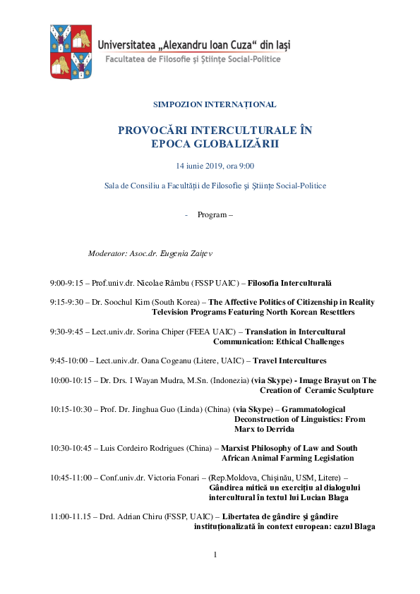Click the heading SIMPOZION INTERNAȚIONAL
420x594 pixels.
[x=215, y=104]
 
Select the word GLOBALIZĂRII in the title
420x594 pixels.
[x=233, y=143]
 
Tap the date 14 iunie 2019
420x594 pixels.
[x=200, y=166]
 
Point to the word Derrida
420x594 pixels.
[x=277, y=429]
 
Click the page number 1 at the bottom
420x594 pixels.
[x=215, y=554]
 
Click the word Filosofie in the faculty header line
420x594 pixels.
[x=161, y=59]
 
